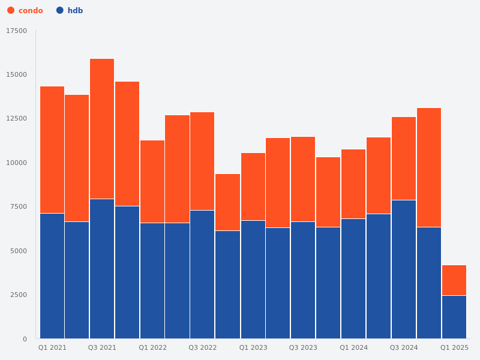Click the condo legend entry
click(25, 11)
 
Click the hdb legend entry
click(70, 11)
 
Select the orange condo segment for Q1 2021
click(52, 150)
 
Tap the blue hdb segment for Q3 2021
click(102, 269)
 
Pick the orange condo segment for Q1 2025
click(454, 280)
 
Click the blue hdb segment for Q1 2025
click(454, 317)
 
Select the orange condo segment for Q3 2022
click(202, 161)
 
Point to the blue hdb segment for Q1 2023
click(253, 280)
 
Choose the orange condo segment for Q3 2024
click(404, 158)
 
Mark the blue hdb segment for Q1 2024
click(353, 278)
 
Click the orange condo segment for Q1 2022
click(152, 182)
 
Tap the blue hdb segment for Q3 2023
click(303, 280)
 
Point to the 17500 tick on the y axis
click(17, 31)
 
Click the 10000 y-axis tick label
click(17, 163)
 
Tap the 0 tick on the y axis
click(25, 339)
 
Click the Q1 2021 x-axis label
click(52, 347)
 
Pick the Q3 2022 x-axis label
click(202, 347)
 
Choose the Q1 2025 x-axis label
click(454, 347)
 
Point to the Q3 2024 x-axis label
click(404, 347)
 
